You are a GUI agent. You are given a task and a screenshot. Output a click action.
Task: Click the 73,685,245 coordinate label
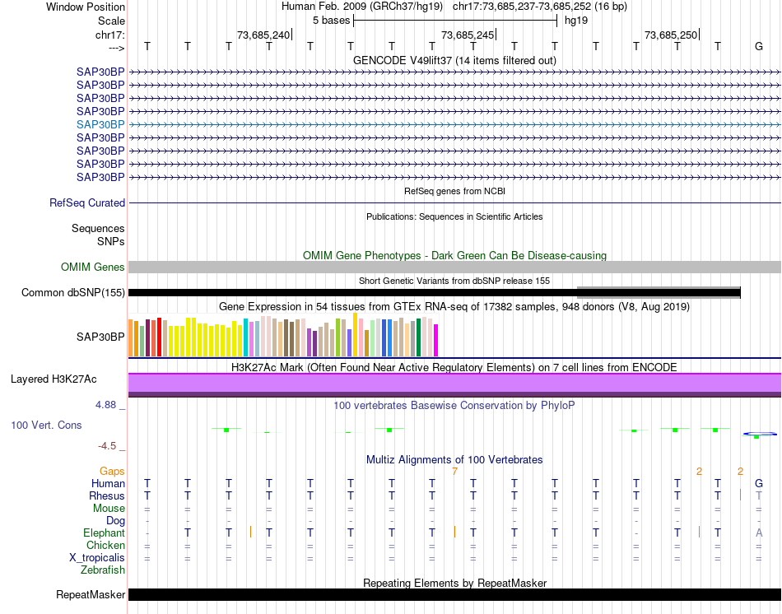[468, 35]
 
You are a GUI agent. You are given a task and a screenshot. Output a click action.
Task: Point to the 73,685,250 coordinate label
[671, 35]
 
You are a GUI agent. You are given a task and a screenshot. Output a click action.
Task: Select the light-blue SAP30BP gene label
[100, 124]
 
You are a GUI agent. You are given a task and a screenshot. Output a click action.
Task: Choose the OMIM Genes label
[93, 267]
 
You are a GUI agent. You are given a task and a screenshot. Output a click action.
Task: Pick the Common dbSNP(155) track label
[73, 292]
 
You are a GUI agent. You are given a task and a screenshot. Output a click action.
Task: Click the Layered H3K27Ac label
[54, 379]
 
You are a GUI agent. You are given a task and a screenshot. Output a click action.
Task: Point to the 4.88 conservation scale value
[107, 405]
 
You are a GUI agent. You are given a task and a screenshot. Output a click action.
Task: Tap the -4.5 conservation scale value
[107, 446]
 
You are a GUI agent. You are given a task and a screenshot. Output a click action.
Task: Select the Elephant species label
[105, 533]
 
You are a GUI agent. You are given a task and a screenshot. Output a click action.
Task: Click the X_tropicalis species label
[97, 557]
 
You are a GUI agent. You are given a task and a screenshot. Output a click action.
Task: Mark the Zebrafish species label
[103, 570]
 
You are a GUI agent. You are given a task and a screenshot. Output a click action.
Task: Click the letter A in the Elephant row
[759, 533]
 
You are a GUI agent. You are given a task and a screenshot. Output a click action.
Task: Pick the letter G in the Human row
[759, 483]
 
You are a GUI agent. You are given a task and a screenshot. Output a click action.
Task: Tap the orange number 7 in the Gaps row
[454, 471]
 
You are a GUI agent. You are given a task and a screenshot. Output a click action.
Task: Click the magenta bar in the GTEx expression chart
[436, 341]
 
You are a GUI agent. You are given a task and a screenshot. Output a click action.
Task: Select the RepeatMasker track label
[91, 594]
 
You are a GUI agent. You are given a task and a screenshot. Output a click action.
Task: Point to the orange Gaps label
[112, 471]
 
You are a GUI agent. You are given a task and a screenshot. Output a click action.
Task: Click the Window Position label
[86, 7]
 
